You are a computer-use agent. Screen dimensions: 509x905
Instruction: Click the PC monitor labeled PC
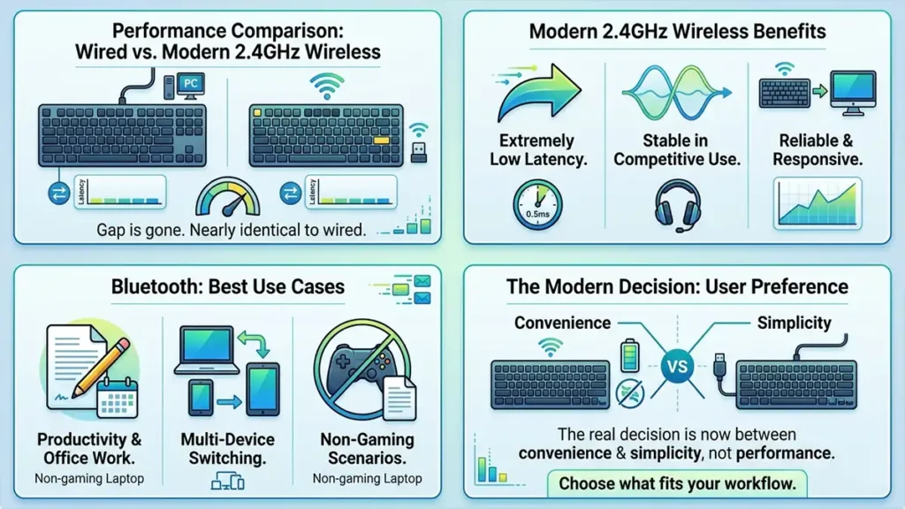188,84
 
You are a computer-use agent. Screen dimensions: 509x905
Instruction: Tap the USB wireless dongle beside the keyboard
418,153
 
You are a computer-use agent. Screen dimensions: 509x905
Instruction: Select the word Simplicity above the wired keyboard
794,323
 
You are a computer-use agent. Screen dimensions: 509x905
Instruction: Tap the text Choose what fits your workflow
677,483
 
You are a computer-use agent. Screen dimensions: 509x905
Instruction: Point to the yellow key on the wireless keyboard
382,141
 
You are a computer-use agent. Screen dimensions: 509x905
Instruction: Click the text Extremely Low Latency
536,149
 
